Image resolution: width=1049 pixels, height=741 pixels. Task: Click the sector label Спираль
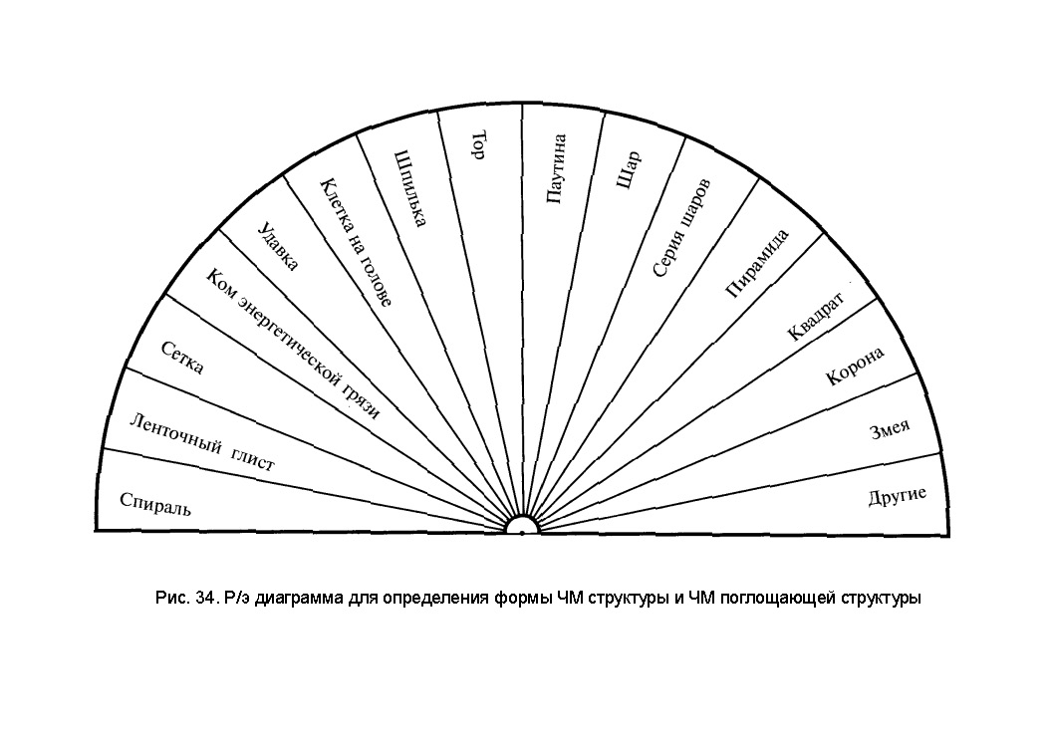coord(154,503)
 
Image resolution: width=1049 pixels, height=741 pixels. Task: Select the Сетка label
coord(182,358)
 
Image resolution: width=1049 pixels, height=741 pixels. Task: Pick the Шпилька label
coord(410,188)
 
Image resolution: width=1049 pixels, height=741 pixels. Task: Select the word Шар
coord(629,170)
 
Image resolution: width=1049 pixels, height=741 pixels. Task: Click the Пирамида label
coord(758,263)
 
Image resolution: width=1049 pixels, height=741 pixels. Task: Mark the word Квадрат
coord(815,316)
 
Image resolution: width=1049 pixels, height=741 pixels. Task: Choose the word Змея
coord(890,431)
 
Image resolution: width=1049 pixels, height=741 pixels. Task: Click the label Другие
coord(898,496)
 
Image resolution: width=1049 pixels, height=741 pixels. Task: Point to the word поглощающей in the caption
coord(773,599)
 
